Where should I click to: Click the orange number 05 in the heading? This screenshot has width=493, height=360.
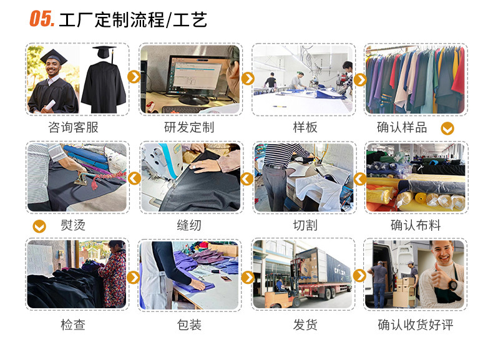[x=42, y=19]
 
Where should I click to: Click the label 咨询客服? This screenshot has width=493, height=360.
[x=73, y=127]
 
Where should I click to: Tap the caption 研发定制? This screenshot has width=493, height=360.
[x=188, y=127]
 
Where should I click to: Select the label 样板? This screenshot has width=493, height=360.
[x=305, y=127]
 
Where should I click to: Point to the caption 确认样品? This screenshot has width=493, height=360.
[x=402, y=127]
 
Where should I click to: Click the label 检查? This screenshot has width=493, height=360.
[x=73, y=324]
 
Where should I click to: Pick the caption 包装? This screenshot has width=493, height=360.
[x=188, y=324]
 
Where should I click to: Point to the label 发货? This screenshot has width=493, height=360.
[x=305, y=324]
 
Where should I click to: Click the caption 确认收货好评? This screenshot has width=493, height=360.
[x=416, y=324]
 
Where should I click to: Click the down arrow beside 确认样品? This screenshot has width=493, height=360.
[x=447, y=129]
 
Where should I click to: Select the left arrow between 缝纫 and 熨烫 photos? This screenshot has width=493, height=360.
[x=134, y=178]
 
